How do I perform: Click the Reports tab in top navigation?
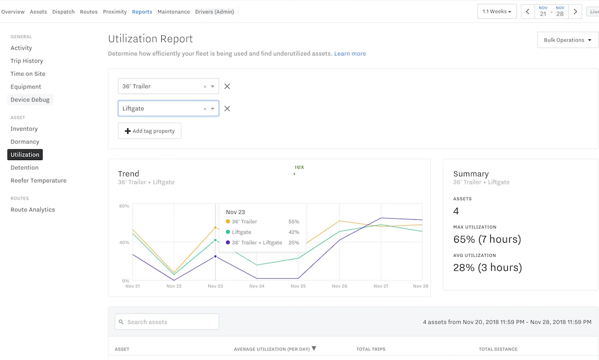(142, 11)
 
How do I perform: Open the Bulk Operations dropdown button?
(568, 40)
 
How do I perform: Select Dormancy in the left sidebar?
(24, 142)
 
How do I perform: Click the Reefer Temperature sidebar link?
(38, 181)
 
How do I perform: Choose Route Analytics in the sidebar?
(33, 210)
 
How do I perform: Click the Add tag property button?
(150, 131)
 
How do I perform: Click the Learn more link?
(350, 53)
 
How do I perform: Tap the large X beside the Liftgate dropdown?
(227, 109)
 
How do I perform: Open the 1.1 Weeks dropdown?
(497, 11)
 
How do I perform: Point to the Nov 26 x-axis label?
(339, 286)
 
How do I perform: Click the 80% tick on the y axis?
(124, 206)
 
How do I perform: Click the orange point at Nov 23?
(216, 228)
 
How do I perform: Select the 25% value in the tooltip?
(294, 243)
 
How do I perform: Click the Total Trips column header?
(370, 349)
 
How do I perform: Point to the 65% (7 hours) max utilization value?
(487, 239)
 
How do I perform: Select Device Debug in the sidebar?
(30, 100)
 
